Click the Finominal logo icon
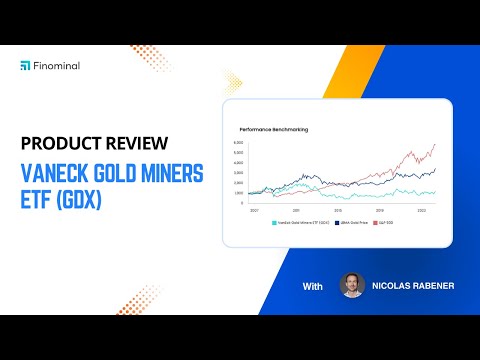click(x=25, y=66)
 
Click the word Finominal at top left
click(x=58, y=66)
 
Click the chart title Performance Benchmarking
click(x=274, y=129)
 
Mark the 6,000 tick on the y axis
click(x=238, y=144)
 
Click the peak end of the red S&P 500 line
click(x=434, y=145)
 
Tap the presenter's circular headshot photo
click(x=352, y=286)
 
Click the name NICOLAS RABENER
click(x=413, y=287)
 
